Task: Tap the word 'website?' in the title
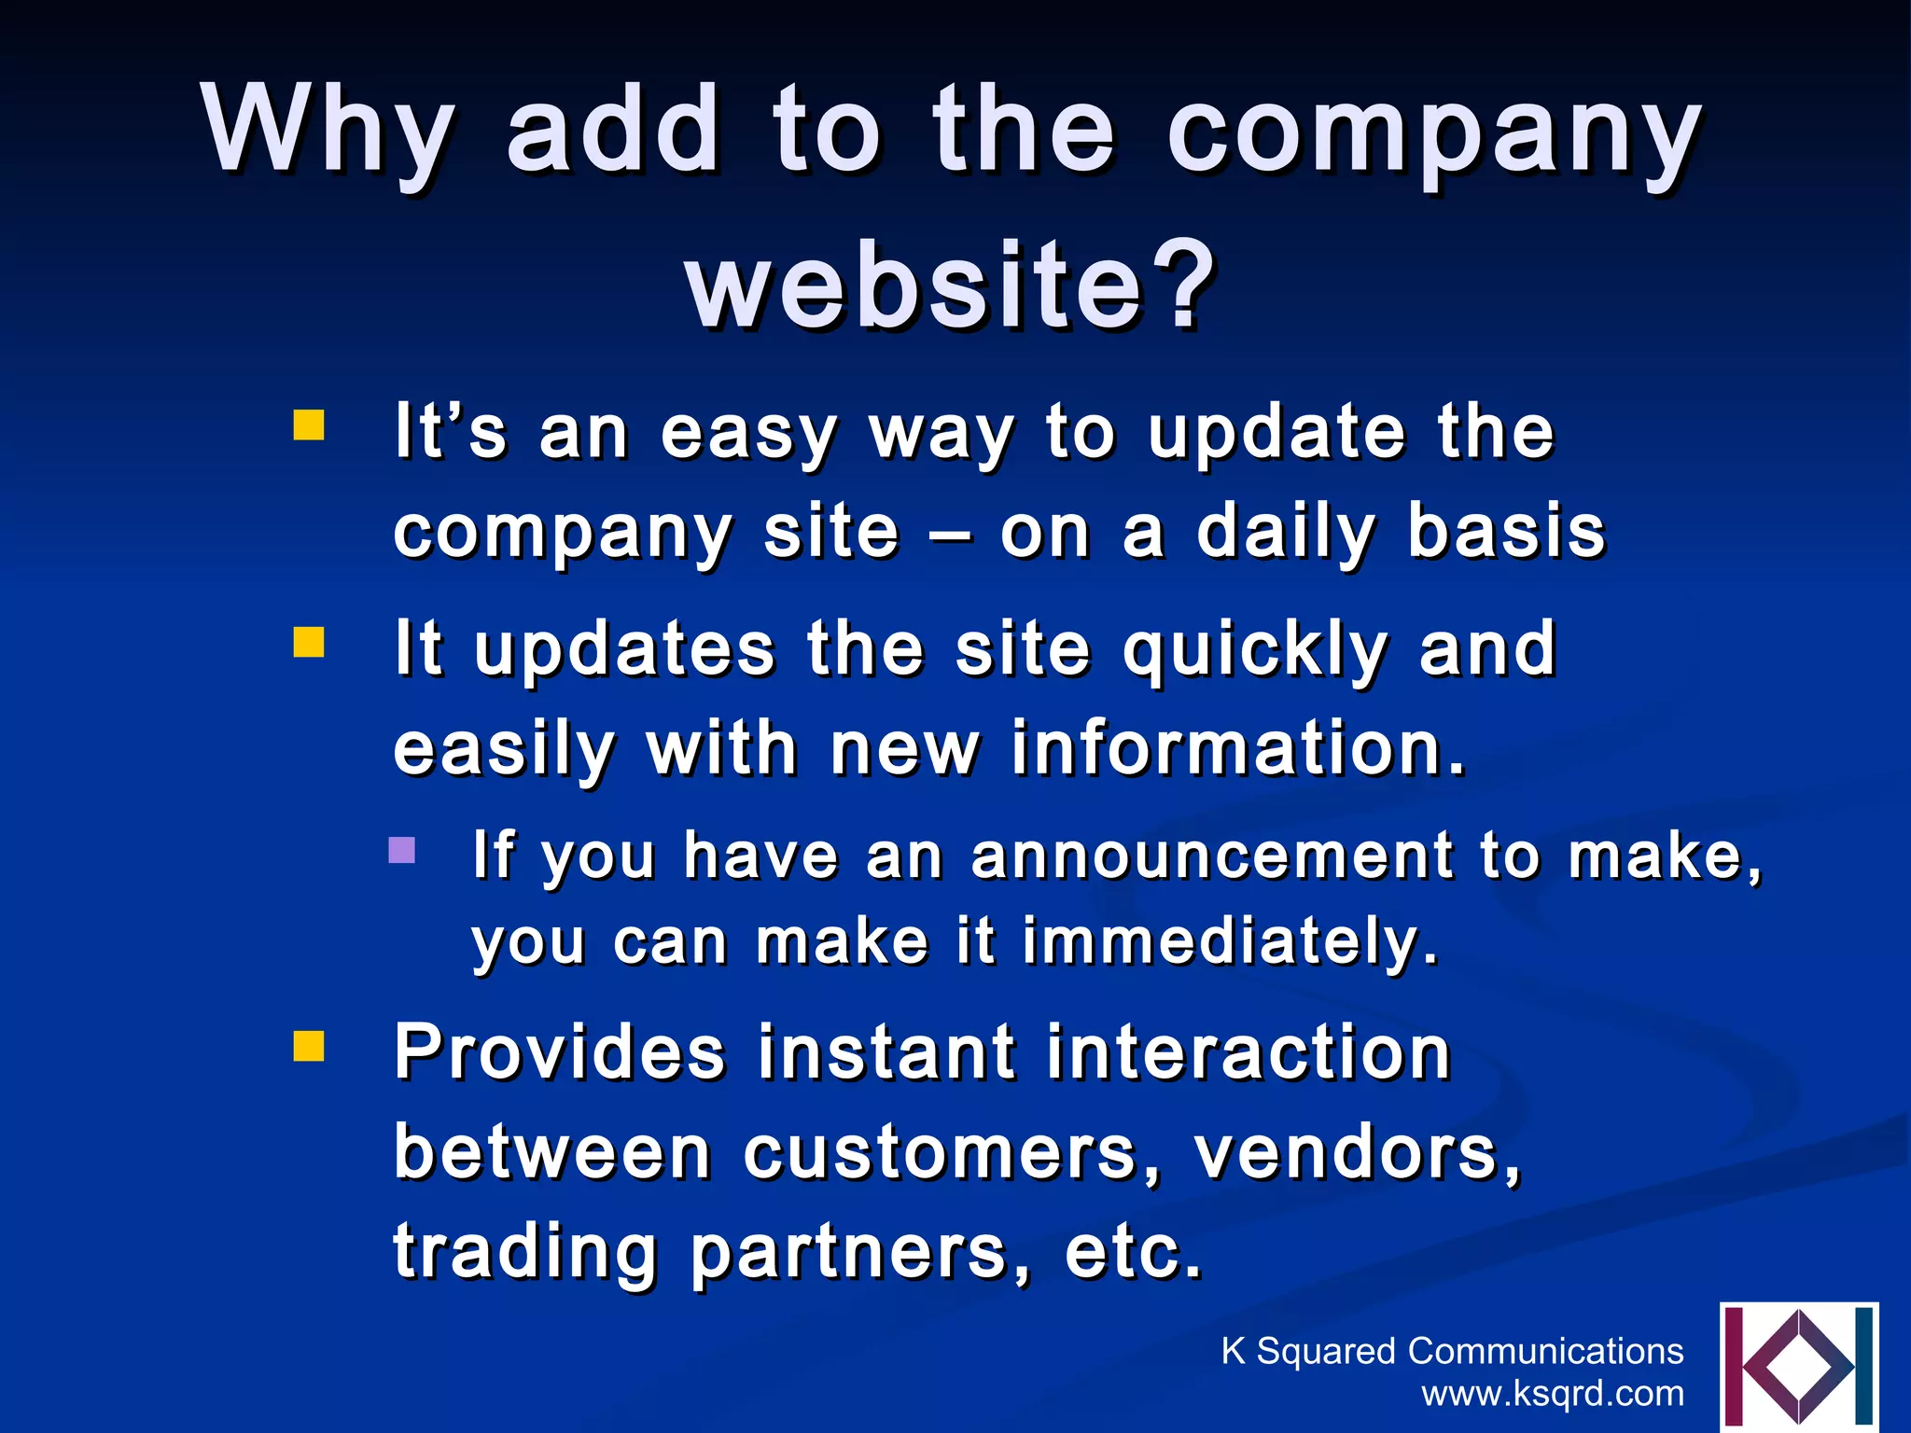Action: pos(950,285)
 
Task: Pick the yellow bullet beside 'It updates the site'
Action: pos(309,642)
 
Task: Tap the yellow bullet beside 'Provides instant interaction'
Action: pos(309,1046)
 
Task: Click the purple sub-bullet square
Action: pos(401,850)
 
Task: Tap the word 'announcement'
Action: pos(1212,856)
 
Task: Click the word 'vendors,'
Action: pos(1358,1153)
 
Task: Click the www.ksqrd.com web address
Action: pos(1553,1393)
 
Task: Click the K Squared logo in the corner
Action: pos(1798,1367)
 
